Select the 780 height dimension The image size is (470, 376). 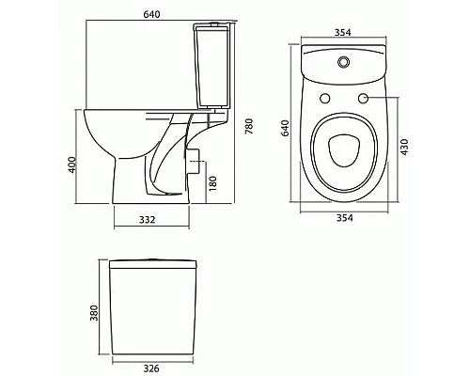point(248,128)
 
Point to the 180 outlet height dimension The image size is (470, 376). point(214,180)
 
